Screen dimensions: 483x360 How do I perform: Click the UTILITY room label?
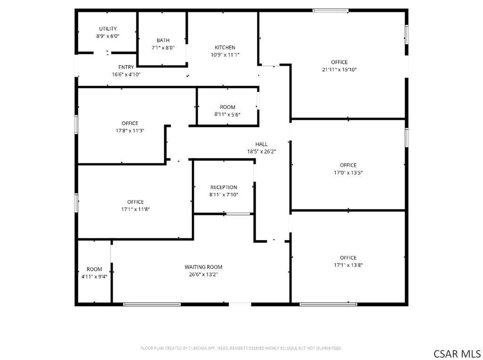[108, 29]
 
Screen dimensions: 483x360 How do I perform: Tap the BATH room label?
[163, 41]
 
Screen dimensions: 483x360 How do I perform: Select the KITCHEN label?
[225, 48]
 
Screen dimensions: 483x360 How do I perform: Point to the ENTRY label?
[126, 67]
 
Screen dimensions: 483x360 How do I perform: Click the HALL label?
[261, 144]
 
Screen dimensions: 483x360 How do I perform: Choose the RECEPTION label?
[224, 187]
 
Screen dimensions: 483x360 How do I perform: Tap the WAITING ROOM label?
[203, 267]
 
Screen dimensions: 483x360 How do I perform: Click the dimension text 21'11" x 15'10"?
[339, 70]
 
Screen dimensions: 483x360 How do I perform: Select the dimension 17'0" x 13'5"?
[348, 173]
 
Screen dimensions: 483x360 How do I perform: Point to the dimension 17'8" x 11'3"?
[130, 131]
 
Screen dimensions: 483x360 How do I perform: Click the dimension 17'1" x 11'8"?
[135, 209]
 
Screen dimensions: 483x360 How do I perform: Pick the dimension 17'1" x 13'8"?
[348, 265]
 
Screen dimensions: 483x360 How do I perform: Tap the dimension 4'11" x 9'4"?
[94, 276]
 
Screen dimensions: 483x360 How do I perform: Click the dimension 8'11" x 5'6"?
[227, 115]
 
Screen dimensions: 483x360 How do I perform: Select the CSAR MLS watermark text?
[457, 353]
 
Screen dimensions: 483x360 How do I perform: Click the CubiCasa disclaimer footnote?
[241, 348]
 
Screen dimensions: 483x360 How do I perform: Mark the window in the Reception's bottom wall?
[238, 214]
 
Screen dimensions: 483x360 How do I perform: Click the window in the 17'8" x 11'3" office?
[76, 125]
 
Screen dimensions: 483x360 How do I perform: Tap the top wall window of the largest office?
[331, 11]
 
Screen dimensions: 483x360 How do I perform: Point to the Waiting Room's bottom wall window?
[152, 304]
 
